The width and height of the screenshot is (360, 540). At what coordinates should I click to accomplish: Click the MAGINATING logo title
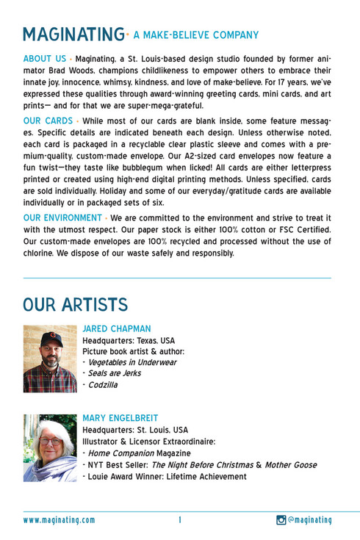[73, 34]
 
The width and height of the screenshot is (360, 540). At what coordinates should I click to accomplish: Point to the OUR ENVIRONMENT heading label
[63, 217]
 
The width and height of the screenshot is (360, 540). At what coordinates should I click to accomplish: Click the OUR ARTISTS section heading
[75, 304]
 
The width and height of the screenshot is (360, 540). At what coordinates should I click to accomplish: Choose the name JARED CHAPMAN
[118, 328]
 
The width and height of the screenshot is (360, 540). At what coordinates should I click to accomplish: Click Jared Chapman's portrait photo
[50, 359]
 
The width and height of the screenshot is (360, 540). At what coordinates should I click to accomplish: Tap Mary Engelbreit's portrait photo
[50, 447]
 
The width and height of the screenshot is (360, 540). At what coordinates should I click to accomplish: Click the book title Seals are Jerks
[115, 373]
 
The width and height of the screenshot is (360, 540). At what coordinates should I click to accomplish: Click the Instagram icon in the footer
[281, 520]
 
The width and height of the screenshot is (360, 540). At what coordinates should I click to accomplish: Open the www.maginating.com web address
[59, 520]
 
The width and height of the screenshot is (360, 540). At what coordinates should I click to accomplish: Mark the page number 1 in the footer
[179, 520]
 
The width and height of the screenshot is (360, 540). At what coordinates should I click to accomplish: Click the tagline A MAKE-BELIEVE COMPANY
[196, 35]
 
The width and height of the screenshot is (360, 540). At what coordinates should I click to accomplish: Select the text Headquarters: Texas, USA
[129, 340]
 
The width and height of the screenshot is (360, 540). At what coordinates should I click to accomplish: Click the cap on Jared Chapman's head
[51, 338]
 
